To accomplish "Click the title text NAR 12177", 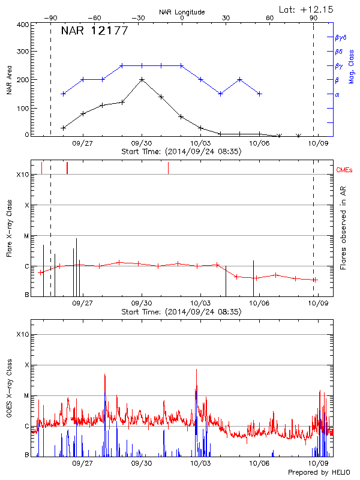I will (x=94, y=31).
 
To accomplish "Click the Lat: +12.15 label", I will (x=307, y=9).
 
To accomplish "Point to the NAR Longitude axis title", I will (x=182, y=11).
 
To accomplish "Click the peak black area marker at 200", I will (x=142, y=79).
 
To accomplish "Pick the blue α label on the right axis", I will (x=337, y=94).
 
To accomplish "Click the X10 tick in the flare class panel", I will (x=22, y=175).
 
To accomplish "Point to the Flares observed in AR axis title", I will (x=343, y=228).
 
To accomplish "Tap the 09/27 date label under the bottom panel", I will (x=83, y=463).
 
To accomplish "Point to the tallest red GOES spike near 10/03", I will (x=196, y=371).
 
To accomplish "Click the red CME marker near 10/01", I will (x=168, y=168).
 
